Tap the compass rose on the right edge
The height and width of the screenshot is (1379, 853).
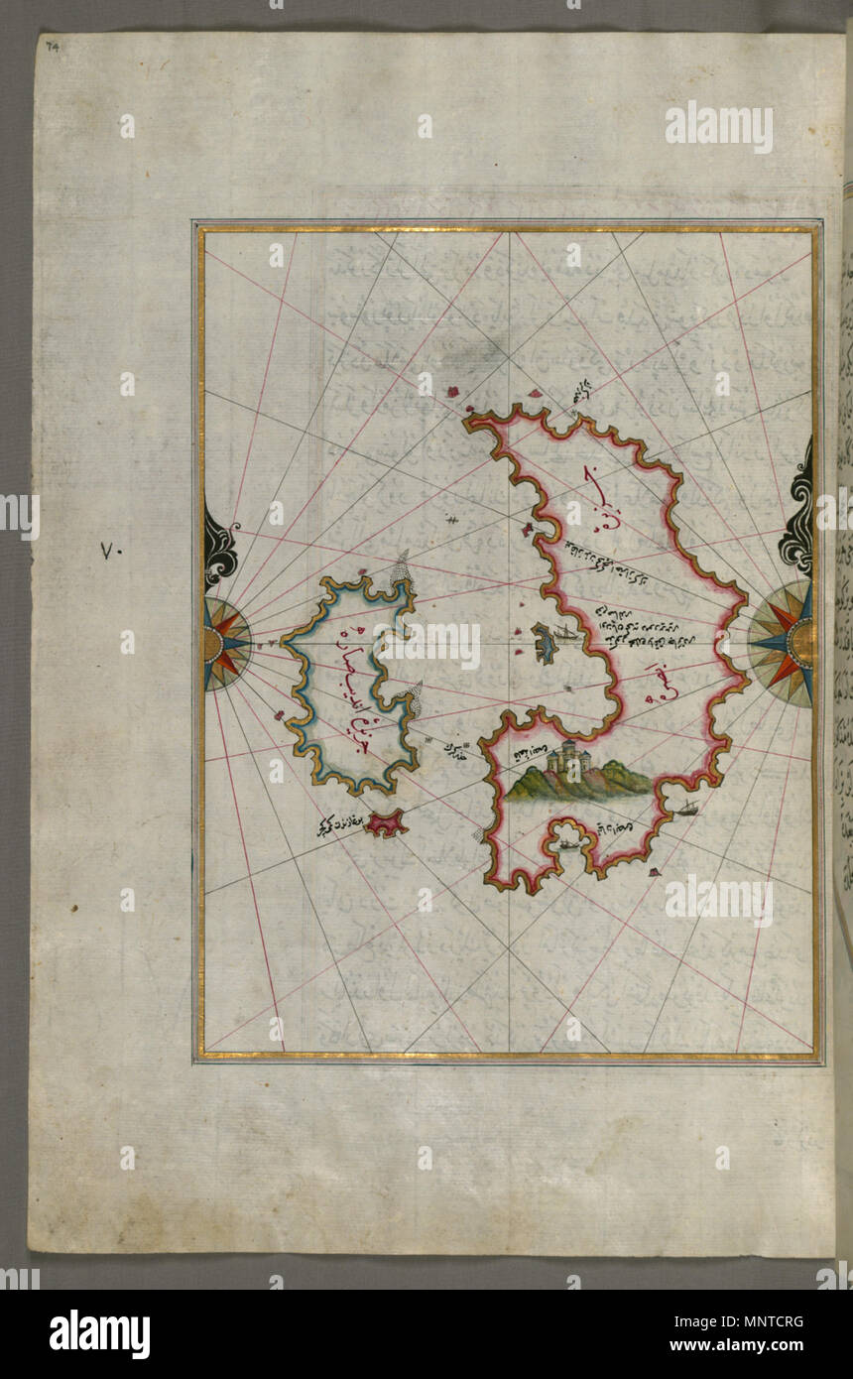(x=786, y=643)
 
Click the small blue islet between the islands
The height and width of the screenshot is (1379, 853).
(x=543, y=644)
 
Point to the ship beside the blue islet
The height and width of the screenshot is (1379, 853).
(x=561, y=631)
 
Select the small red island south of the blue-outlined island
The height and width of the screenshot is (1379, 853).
(x=384, y=822)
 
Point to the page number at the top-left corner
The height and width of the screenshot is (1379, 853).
(x=51, y=46)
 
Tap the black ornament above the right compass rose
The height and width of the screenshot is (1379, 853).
(x=796, y=524)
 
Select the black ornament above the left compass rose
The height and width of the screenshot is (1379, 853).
(x=219, y=546)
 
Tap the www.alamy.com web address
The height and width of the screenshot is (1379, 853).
(x=751, y=1346)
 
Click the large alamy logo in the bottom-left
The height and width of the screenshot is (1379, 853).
(x=99, y=1333)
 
